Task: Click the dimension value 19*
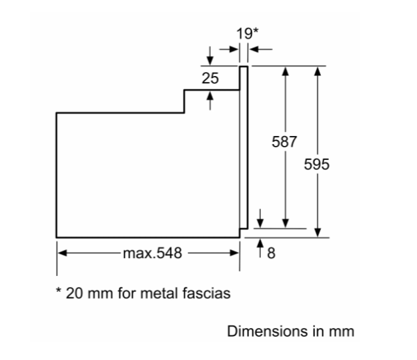point(248,34)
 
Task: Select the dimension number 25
point(210,79)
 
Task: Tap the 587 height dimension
point(284,141)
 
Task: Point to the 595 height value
point(316,164)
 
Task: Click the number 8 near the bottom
point(272,253)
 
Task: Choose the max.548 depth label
point(153,253)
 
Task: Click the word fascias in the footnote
point(207,293)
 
